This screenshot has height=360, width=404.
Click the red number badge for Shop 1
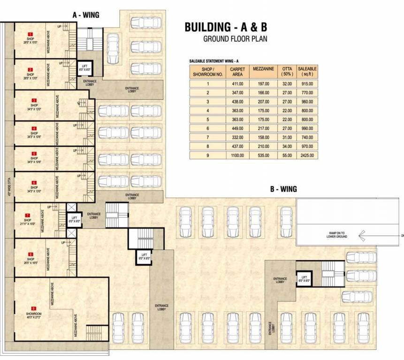[30, 34]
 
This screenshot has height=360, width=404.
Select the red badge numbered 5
[34, 153]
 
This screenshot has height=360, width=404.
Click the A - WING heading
[85, 15]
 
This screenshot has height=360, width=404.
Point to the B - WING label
[283, 189]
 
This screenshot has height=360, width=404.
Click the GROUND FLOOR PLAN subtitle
[235, 38]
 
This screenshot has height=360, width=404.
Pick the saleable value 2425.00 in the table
[307, 155]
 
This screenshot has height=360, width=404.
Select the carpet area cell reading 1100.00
[235, 155]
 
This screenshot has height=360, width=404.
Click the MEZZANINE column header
[263, 69]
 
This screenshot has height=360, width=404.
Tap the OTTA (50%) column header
[287, 71]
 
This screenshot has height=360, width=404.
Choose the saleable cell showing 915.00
[307, 84]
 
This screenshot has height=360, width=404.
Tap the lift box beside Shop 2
[86, 68]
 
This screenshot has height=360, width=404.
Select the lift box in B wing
[304, 279]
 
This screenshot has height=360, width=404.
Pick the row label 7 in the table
[207, 137]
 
